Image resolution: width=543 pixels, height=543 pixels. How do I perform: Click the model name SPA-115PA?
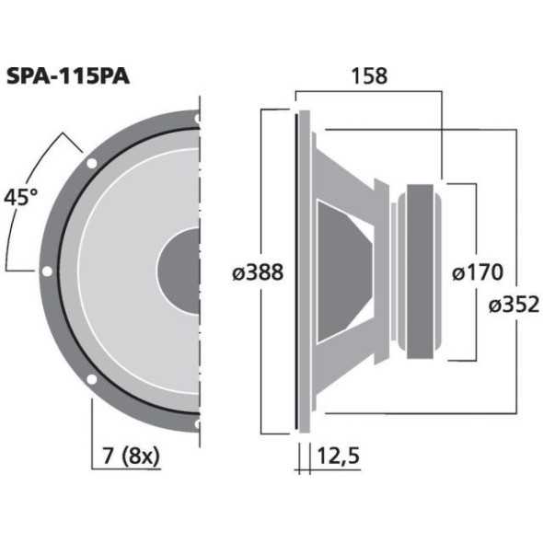click(68, 76)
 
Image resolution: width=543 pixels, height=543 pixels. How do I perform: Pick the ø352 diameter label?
click(514, 304)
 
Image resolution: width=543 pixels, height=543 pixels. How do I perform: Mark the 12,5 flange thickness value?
click(338, 456)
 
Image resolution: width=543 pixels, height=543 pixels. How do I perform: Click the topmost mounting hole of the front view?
click(197, 118)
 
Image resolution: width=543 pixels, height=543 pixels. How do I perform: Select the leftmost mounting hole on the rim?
click(46, 271)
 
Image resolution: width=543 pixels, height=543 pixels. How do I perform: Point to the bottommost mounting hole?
click(197, 425)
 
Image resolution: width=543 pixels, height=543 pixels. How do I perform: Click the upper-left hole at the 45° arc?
click(91, 163)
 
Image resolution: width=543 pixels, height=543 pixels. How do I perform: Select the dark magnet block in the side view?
click(422, 271)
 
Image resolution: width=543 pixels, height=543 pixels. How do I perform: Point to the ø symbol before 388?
click(237, 272)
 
